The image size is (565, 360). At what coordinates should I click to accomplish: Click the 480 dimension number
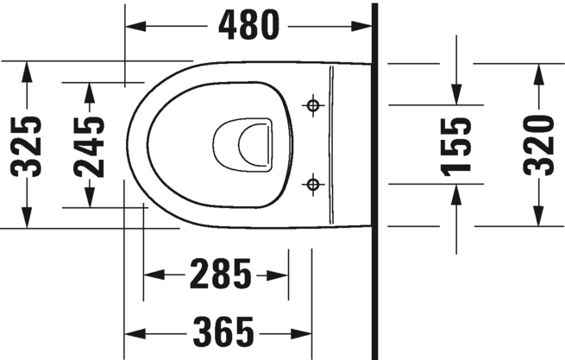(x=249, y=26)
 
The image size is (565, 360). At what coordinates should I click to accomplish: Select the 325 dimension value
(x=30, y=144)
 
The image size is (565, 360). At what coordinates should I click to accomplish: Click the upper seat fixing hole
(x=313, y=105)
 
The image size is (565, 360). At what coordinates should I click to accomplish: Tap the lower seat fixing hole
(x=313, y=183)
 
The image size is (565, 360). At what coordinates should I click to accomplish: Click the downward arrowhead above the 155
(x=457, y=95)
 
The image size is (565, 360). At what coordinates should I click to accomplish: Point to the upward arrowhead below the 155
(x=457, y=193)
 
